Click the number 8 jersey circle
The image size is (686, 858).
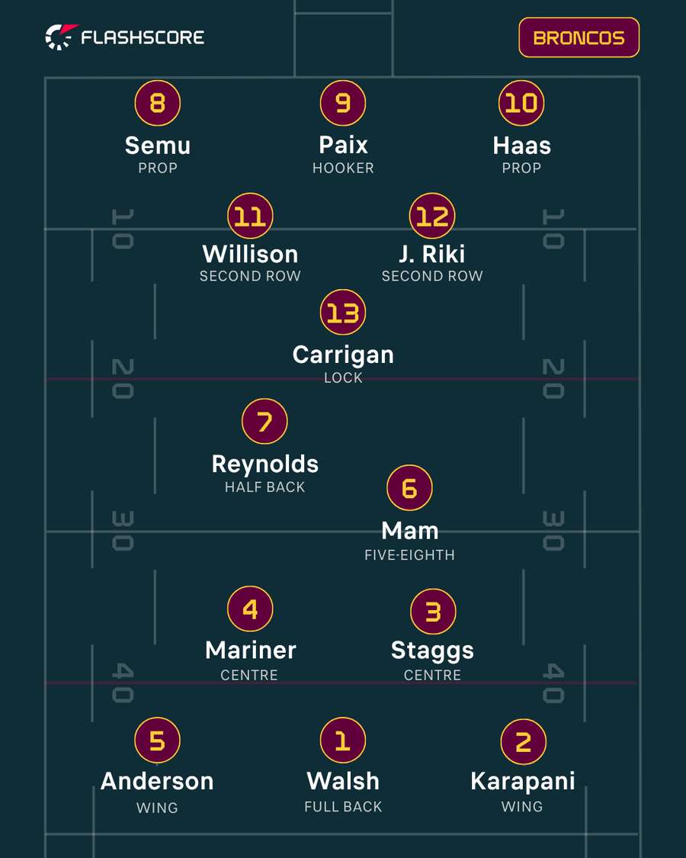[158, 103]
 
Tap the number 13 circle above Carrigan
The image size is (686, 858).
[343, 312]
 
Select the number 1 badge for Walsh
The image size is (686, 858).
[343, 740]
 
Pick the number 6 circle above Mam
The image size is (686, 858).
[410, 487]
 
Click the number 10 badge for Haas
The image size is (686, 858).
[521, 103]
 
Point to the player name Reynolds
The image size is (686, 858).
[264, 464]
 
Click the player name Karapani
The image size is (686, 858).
[522, 782]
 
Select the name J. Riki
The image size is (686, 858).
[432, 254]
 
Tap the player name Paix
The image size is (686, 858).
[343, 145]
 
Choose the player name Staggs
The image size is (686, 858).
[432, 651]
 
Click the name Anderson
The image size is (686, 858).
[157, 781]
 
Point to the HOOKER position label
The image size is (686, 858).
[343, 168]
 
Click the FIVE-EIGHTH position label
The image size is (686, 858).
[410, 555]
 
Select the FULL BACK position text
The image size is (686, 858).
[343, 807]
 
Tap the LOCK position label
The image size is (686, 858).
[343, 378]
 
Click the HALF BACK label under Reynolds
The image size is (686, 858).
[264, 487]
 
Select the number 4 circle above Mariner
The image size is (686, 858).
[250, 609]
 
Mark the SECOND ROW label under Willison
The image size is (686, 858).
[250, 276]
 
